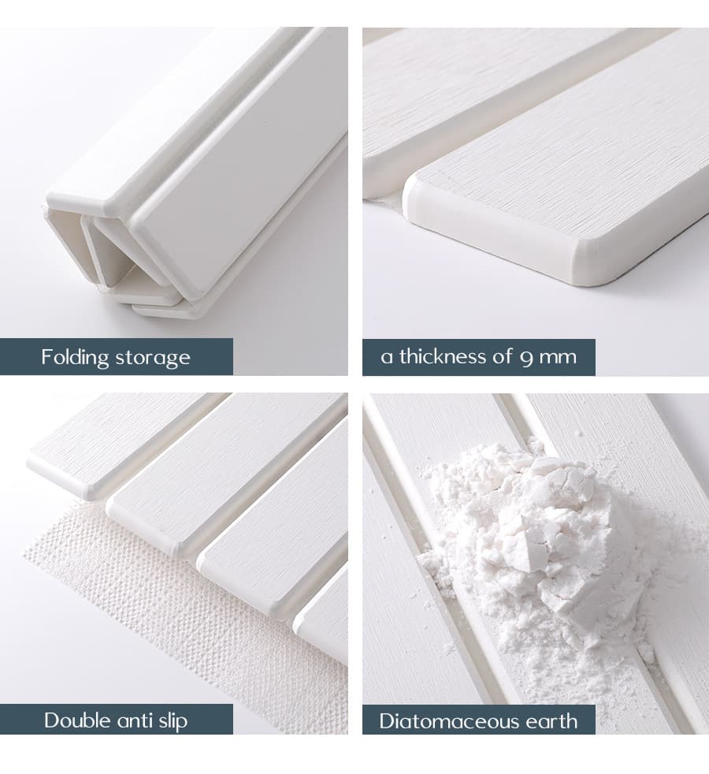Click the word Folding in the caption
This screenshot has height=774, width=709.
coord(75,357)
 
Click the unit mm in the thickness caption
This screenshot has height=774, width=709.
coord(558,358)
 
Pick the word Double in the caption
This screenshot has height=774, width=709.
coord(77,720)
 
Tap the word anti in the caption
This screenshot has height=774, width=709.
coord(135,721)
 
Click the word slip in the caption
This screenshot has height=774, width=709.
coord(173,722)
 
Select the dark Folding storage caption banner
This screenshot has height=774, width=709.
coord(117,357)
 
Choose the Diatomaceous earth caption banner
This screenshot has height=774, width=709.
coord(479,722)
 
